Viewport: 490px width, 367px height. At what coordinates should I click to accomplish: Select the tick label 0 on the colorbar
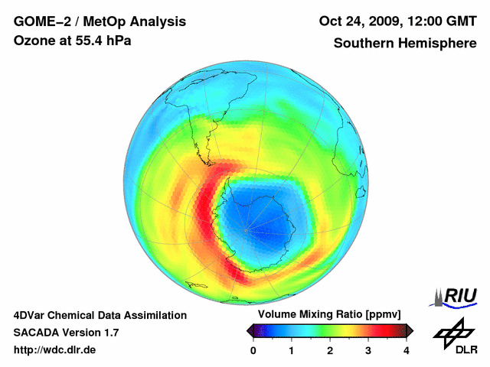click(x=253, y=350)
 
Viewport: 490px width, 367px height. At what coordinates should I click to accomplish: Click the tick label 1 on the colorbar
click(x=292, y=350)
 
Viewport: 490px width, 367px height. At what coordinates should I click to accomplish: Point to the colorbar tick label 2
click(x=330, y=350)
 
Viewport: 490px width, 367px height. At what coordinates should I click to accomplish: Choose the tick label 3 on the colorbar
click(x=368, y=350)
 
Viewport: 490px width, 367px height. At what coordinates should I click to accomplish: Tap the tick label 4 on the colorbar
click(x=407, y=350)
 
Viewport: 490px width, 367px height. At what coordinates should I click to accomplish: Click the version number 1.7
click(x=109, y=333)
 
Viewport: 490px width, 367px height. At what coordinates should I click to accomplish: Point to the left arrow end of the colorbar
click(x=250, y=330)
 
